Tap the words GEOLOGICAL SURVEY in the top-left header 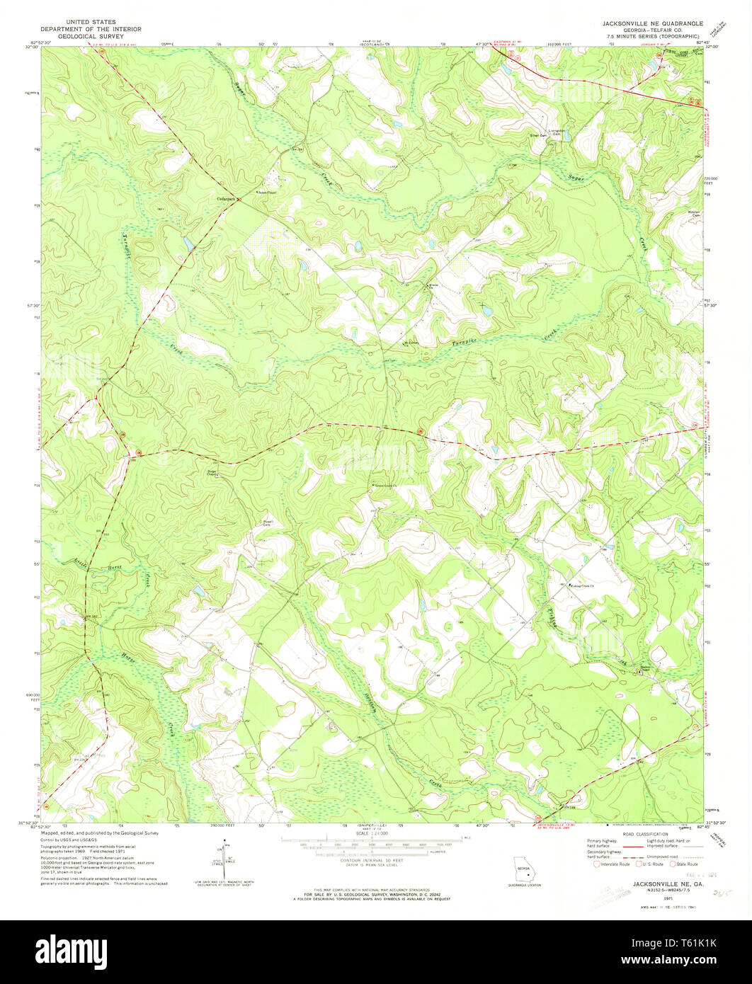(x=91, y=35)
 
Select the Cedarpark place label (x=227, y=199)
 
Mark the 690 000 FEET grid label (x=28, y=697)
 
